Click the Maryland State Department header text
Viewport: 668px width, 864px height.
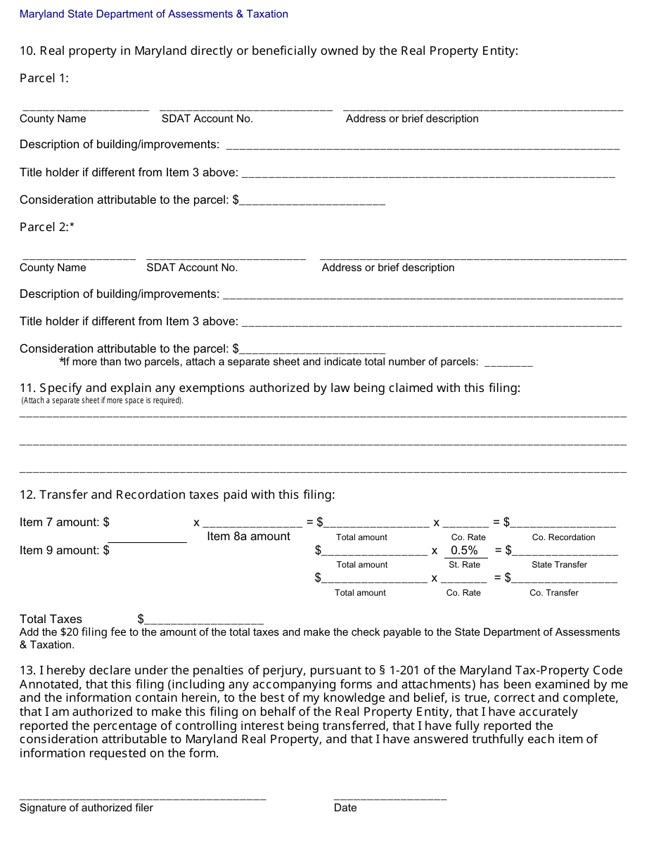point(153,14)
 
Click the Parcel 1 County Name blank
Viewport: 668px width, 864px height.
point(85,109)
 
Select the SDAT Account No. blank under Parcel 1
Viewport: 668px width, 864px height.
point(246,109)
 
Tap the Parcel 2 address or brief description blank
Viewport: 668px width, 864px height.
point(473,258)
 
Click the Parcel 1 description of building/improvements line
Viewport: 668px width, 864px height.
point(423,148)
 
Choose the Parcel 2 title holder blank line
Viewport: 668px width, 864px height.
point(431,325)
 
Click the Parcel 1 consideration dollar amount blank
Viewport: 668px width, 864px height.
point(312,203)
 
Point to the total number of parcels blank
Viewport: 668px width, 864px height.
point(508,365)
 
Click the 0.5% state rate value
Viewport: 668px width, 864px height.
point(464,551)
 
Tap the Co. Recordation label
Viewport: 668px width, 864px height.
point(563,537)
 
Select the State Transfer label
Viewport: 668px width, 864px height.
point(559,565)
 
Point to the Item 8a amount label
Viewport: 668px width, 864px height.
point(248,537)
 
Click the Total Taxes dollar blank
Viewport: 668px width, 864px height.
point(204,622)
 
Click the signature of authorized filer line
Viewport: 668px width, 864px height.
point(143,798)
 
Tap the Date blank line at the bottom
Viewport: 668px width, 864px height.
point(390,798)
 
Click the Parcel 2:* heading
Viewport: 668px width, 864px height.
point(47,227)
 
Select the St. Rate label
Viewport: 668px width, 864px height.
point(464,565)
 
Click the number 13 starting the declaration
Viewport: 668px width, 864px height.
point(27,670)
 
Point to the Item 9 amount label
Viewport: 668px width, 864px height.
point(64,551)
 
